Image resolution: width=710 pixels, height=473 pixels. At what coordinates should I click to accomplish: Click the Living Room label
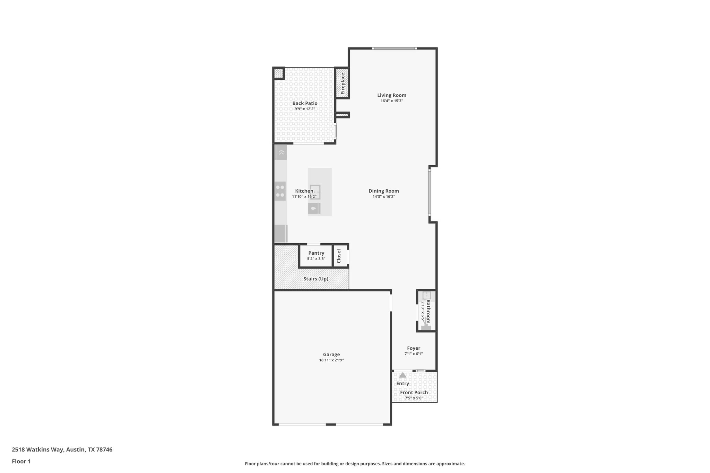click(x=391, y=95)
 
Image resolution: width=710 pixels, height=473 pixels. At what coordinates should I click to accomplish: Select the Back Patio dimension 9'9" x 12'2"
click(x=305, y=109)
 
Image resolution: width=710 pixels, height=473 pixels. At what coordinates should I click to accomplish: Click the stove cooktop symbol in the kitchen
click(x=280, y=191)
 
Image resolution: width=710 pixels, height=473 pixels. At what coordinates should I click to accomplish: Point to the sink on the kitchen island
click(x=315, y=192)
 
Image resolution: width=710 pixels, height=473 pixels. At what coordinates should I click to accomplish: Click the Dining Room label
click(x=383, y=191)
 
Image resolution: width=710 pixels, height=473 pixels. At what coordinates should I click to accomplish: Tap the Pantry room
click(x=316, y=255)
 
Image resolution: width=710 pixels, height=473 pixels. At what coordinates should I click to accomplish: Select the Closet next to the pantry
click(x=339, y=256)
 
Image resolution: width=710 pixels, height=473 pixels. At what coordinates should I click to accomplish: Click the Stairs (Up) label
click(x=315, y=279)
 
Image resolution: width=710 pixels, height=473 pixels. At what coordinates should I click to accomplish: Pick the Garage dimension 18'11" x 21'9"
click(x=331, y=360)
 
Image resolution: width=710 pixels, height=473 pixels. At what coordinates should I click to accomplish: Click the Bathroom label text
click(x=428, y=311)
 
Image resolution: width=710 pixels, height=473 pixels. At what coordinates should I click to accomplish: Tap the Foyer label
click(x=413, y=348)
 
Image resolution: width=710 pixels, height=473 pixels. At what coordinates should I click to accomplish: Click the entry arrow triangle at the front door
click(x=402, y=375)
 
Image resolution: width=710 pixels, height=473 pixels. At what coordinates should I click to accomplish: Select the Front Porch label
click(x=414, y=393)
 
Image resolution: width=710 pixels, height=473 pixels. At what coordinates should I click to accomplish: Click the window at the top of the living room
click(x=394, y=49)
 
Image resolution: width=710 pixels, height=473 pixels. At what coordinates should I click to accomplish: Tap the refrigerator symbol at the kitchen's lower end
click(x=280, y=234)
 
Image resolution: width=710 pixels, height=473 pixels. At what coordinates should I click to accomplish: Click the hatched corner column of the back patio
click(x=278, y=73)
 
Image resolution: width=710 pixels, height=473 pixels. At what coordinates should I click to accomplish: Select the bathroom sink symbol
click(x=426, y=296)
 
